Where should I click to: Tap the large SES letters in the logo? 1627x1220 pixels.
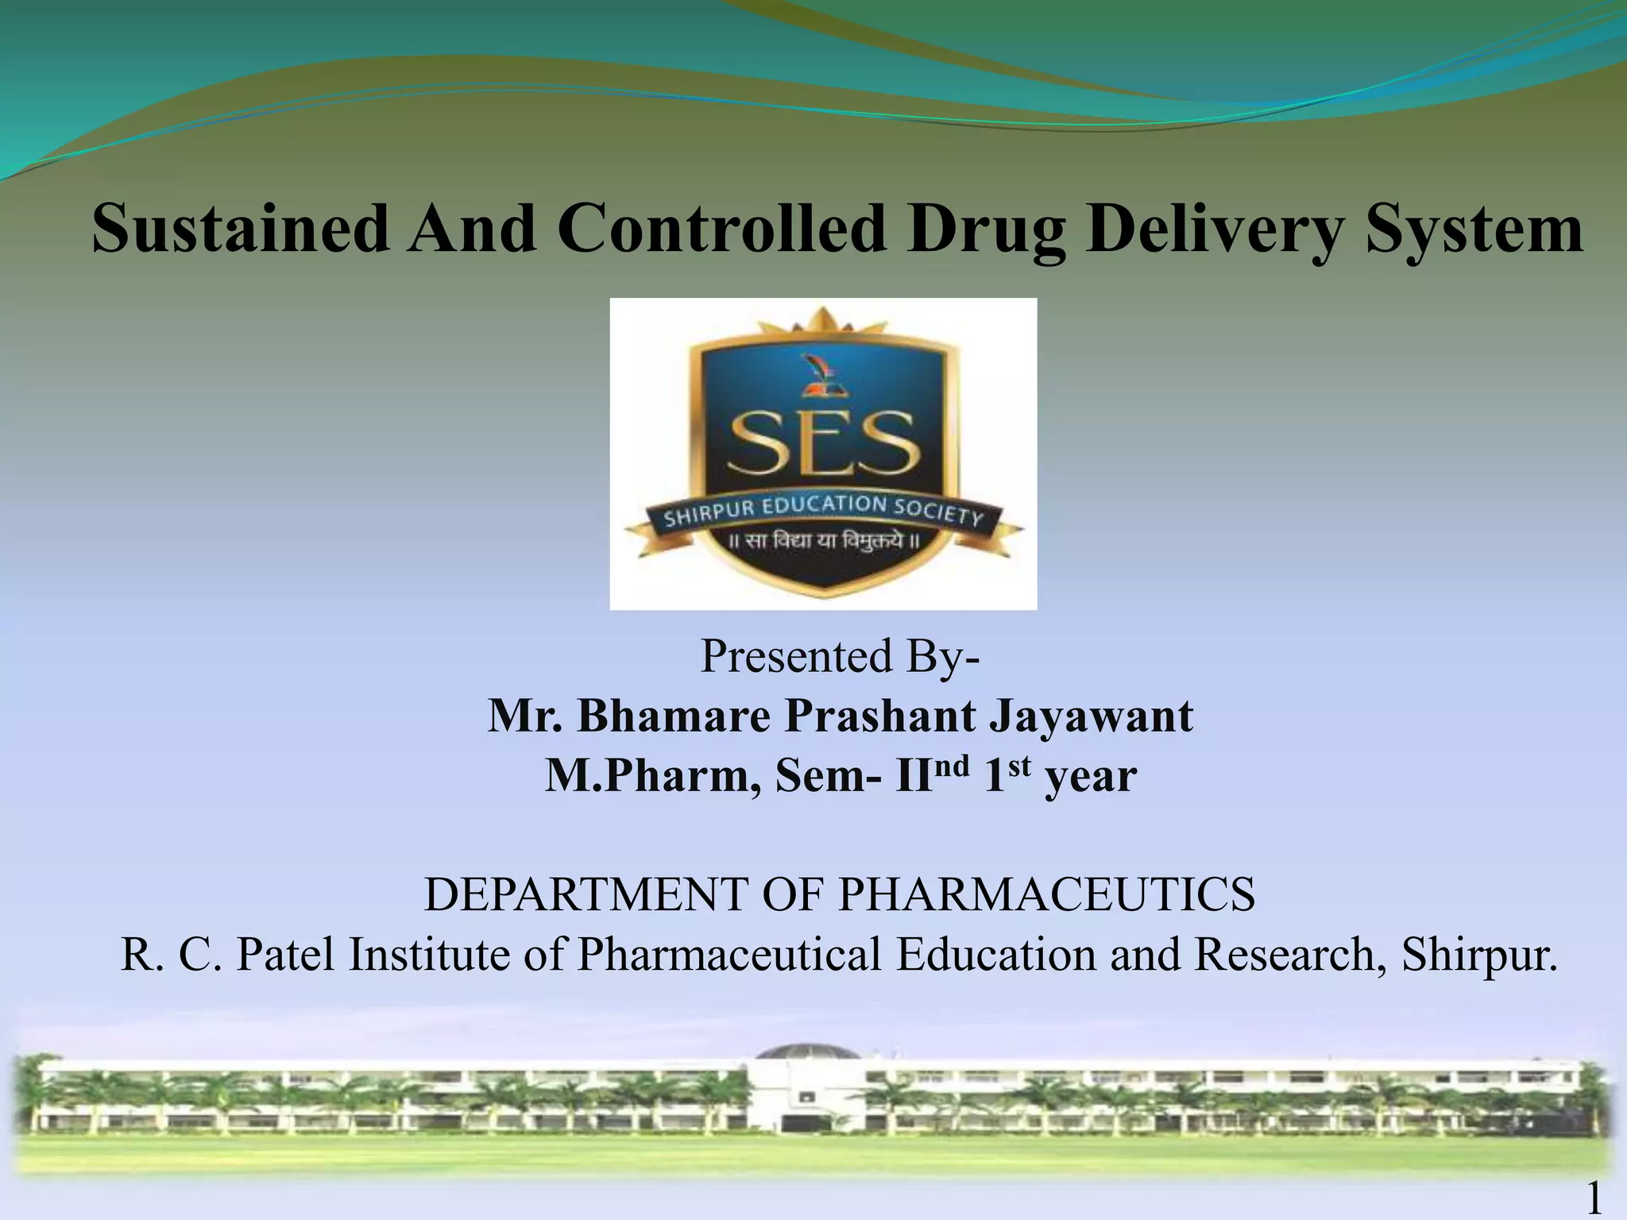click(824, 444)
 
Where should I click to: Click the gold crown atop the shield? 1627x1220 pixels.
click(822, 322)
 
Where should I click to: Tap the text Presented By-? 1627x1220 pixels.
click(840, 656)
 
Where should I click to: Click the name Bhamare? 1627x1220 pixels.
click(674, 716)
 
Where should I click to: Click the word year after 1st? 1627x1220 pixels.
click(1090, 777)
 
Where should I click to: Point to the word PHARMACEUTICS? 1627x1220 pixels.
click(1046, 894)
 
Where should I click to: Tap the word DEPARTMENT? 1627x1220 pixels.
click(585, 894)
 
